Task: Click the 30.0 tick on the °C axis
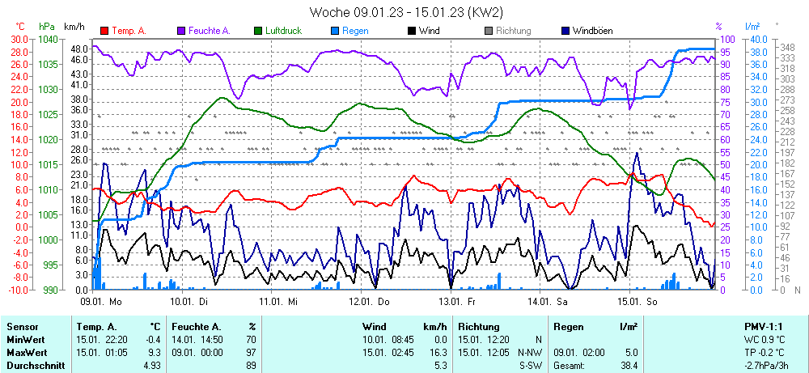[x=17, y=39]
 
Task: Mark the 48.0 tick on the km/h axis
[x=78, y=49]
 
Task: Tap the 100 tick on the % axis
[x=726, y=39]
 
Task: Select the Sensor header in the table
[x=23, y=325]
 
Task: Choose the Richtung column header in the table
[x=478, y=325]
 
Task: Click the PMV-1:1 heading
[x=763, y=325]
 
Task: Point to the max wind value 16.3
[x=437, y=353]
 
